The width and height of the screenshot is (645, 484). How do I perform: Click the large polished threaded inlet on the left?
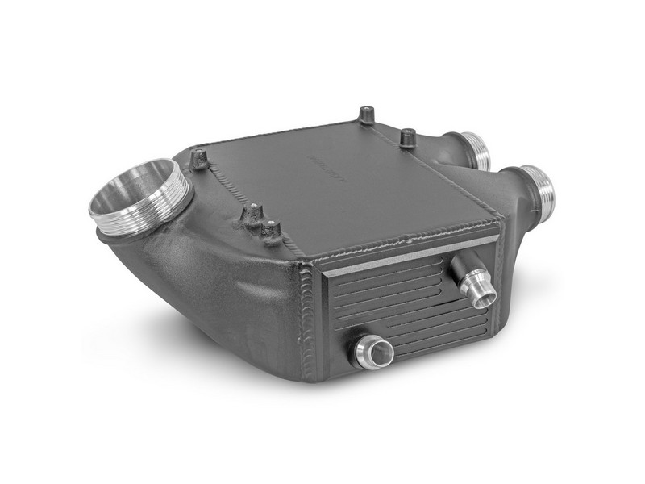[x=139, y=197]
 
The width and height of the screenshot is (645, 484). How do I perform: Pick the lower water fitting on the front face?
[x=372, y=353]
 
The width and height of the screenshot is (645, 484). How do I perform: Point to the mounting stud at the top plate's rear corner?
[x=367, y=115]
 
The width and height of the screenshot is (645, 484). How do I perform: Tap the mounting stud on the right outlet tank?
[x=408, y=137]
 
